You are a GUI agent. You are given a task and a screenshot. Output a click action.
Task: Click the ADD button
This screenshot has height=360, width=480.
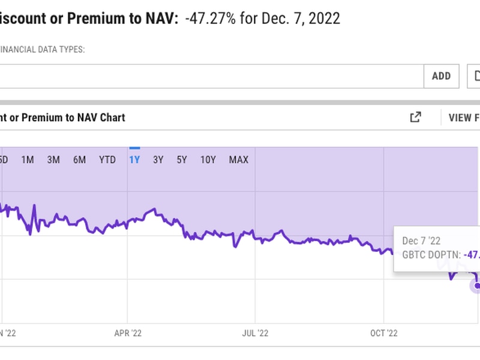coord(441,76)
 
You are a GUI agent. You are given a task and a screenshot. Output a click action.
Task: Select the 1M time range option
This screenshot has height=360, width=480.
coord(28,160)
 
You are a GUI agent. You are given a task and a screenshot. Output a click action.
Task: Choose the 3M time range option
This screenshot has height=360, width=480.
coord(53,160)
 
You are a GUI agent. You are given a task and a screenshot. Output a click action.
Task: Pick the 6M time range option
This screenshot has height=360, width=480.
coord(80,160)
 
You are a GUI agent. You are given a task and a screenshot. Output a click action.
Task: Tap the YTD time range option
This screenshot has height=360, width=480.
coord(107,160)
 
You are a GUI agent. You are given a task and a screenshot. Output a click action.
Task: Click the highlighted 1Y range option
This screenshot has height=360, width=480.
coord(134,160)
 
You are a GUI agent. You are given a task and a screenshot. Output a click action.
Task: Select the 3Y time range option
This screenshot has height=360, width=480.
coord(158,160)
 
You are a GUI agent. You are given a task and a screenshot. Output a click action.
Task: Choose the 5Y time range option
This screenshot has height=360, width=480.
coord(182,160)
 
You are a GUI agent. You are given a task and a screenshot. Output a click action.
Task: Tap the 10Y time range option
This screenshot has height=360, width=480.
coord(208,160)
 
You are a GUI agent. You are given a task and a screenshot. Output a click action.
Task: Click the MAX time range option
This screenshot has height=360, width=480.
coord(238,160)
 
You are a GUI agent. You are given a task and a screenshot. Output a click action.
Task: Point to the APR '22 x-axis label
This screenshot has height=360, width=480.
coord(127,332)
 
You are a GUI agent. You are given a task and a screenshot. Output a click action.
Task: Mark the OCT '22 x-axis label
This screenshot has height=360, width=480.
coord(385,332)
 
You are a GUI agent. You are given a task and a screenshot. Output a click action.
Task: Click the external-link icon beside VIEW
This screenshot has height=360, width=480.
coord(415,118)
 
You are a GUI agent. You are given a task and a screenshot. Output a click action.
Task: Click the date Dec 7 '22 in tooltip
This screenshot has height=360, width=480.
coord(421,241)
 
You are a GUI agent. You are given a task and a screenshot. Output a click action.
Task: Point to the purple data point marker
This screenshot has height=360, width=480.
coord(478,286)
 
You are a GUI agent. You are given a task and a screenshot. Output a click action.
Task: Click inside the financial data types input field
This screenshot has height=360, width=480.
coord(210,76)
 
